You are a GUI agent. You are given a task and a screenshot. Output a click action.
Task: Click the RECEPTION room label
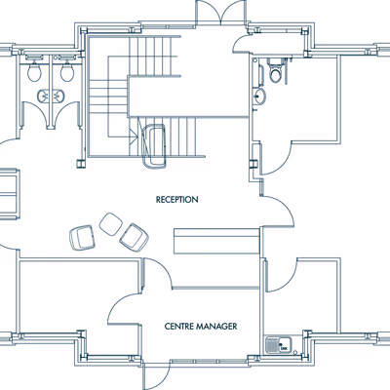[x=176, y=199]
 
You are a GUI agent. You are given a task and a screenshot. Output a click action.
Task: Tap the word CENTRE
[x=178, y=326]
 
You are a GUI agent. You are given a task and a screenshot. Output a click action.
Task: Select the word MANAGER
[x=216, y=326]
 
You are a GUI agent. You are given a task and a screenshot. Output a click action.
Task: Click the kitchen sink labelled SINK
[x=279, y=345]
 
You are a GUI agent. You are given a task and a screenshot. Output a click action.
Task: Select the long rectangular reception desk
[x=216, y=241]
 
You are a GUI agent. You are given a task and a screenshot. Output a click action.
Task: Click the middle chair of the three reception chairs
[x=111, y=223]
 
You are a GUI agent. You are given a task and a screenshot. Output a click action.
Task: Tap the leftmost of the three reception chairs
[x=82, y=238]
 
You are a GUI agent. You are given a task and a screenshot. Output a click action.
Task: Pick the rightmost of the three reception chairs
[x=134, y=238]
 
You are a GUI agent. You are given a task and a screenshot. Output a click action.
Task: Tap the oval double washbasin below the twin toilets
[x=51, y=97]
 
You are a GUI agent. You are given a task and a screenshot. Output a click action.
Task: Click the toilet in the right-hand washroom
[x=275, y=71]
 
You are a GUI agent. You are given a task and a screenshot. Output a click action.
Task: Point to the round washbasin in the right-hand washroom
[x=259, y=97]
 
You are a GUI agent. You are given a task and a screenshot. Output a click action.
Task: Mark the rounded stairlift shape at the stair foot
[x=154, y=146]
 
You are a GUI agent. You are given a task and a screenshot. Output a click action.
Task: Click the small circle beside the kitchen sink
[x=295, y=353]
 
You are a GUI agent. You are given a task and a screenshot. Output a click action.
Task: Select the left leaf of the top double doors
[x=209, y=12]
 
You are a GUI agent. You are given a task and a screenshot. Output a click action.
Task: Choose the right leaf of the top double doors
[x=234, y=12]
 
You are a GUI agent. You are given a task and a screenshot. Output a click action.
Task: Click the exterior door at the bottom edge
[x=157, y=374]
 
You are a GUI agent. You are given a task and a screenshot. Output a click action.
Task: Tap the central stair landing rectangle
[x=188, y=97]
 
